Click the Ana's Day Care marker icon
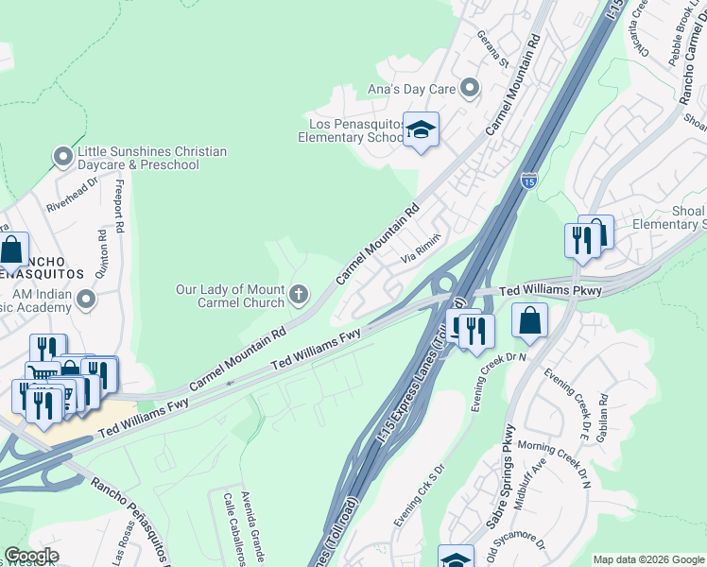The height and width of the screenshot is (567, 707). pyautogui.click(x=470, y=90)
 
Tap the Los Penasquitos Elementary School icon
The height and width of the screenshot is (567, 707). pyautogui.click(x=421, y=130)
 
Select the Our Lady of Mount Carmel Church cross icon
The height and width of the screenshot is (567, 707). pyautogui.click(x=299, y=295)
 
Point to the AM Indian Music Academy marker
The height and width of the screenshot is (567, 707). pyautogui.click(x=86, y=300)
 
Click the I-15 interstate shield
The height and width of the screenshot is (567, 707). pyautogui.click(x=529, y=180)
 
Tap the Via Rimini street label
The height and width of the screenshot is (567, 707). pyautogui.click(x=422, y=249)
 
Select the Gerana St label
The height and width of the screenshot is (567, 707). pyautogui.click(x=492, y=56)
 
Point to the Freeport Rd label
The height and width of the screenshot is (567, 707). pyautogui.click(x=119, y=204)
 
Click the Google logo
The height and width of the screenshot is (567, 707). pyautogui.click(x=30, y=556)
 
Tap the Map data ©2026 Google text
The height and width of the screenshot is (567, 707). pyautogui.click(x=648, y=559)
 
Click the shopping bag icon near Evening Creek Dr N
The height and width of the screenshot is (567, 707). pyautogui.click(x=530, y=321)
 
